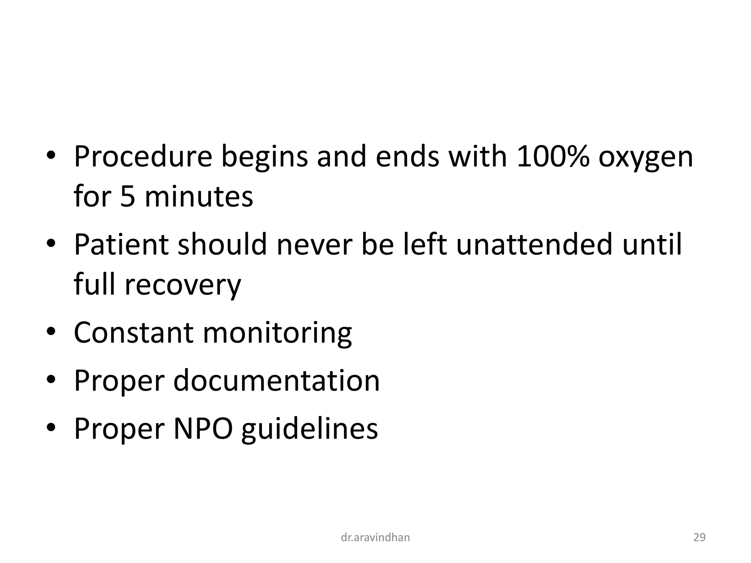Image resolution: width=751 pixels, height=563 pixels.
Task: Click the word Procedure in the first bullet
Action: (x=143, y=157)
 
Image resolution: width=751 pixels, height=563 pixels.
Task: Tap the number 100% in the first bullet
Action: (x=553, y=157)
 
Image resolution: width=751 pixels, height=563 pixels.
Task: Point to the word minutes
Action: (x=199, y=197)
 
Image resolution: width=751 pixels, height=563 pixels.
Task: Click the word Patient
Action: (x=121, y=244)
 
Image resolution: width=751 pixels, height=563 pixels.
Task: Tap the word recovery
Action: (x=183, y=286)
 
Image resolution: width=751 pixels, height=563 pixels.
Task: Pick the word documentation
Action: (x=276, y=381)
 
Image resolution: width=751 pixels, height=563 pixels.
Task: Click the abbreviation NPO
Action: (x=203, y=428)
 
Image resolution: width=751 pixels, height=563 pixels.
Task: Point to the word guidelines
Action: (x=309, y=429)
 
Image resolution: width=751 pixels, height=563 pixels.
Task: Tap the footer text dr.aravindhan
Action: (x=375, y=538)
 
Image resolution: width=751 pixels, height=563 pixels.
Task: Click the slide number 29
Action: (x=699, y=538)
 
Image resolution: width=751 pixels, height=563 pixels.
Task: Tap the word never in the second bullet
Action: (x=314, y=245)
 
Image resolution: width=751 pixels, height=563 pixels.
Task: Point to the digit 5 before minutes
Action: (x=128, y=197)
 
